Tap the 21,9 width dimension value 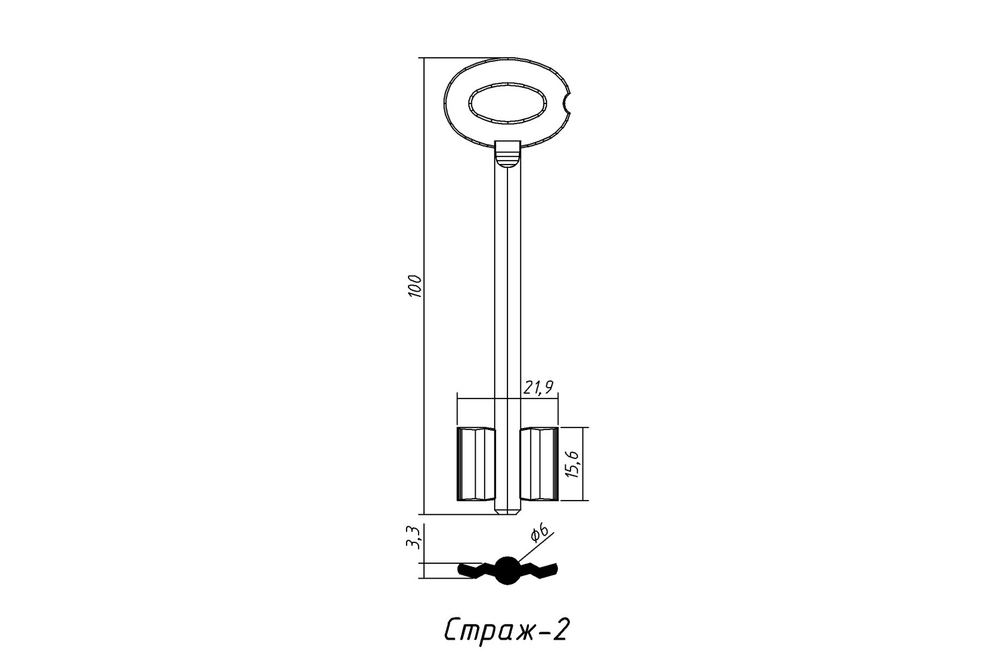coord(538,387)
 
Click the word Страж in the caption coord(489,630)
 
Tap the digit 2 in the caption coord(560,629)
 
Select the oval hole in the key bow coord(507,102)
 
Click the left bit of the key coord(476,464)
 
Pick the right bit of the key coord(539,464)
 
